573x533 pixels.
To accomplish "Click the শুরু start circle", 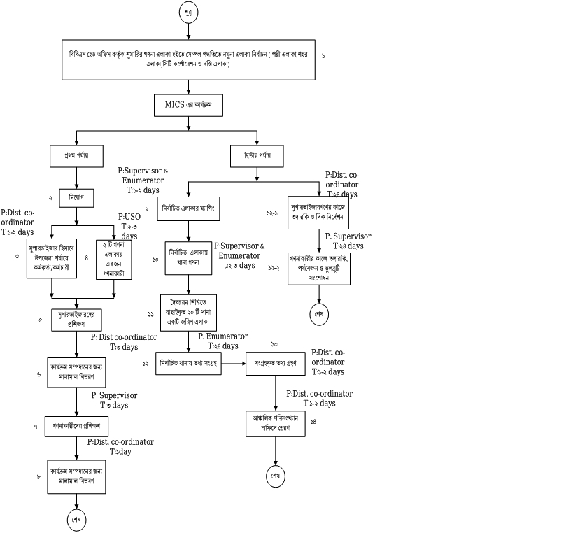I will [188, 13].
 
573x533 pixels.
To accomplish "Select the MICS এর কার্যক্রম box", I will [188, 105].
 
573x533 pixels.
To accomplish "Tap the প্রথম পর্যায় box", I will [77, 155].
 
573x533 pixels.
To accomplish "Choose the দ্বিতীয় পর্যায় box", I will [257, 155].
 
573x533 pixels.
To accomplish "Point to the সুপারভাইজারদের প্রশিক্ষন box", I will [76, 318].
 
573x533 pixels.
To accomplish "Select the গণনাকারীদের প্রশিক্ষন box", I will [76, 425].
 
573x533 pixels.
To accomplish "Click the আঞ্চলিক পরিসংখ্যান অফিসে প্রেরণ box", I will [276, 423].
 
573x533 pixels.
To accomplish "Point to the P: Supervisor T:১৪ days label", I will [347, 241].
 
